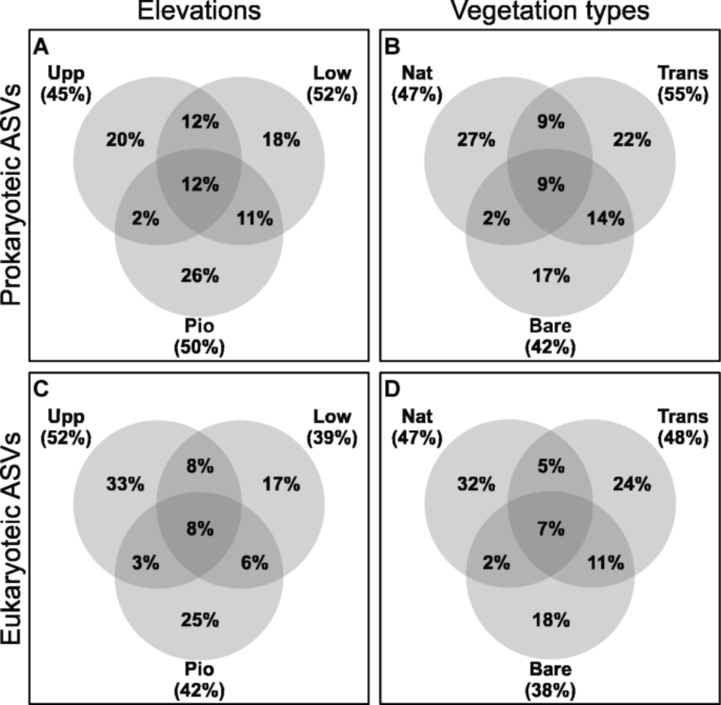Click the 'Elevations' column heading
point(199,11)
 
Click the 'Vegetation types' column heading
point(550,11)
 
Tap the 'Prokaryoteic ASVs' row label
point(11,195)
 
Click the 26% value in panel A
point(200,276)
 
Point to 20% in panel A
point(125,140)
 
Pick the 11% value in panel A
point(255,218)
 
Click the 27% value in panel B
point(476,140)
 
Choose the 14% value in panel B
point(606,218)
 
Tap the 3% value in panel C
point(146,563)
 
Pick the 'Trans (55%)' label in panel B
point(683,84)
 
